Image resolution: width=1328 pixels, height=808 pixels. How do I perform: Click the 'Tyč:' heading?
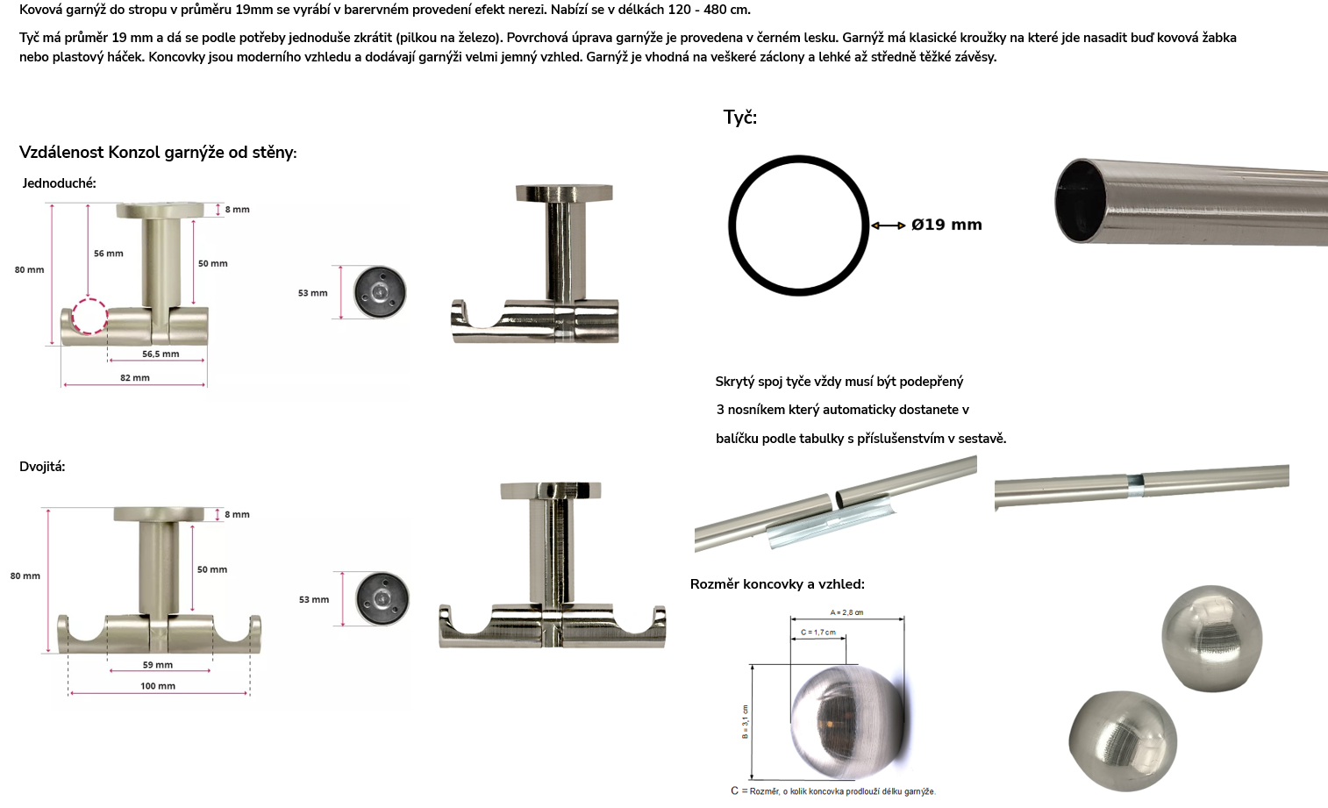point(740,118)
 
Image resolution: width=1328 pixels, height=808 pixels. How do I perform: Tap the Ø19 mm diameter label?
point(946,225)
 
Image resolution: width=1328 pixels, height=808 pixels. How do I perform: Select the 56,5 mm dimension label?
point(161,354)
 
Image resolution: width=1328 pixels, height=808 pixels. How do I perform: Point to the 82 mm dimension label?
point(135,377)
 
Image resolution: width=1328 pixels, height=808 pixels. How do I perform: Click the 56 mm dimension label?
point(109,254)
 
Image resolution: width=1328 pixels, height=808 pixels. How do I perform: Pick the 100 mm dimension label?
point(158,686)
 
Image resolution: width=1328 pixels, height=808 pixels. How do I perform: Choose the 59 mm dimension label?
point(158,664)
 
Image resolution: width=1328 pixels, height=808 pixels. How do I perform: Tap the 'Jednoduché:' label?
point(60,183)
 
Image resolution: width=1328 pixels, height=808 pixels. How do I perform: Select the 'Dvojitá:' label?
point(42,467)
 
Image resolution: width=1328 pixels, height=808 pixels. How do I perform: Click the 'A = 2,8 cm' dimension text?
point(846,612)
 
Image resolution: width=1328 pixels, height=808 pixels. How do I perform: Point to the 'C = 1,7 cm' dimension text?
point(818,632)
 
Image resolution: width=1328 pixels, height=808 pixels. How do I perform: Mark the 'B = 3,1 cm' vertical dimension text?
point(745,721)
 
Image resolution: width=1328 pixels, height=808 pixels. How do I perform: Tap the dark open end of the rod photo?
point(1080,201)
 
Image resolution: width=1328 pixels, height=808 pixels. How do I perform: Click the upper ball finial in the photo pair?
point(1212,638)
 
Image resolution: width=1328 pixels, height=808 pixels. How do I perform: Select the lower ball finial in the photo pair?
point(1123,741)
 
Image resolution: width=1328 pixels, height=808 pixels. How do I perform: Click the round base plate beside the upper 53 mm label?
point(380,291)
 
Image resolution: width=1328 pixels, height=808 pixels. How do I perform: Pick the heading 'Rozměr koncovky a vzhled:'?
point(777,584)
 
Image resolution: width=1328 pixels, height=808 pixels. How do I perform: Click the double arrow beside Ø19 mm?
point(888,225)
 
